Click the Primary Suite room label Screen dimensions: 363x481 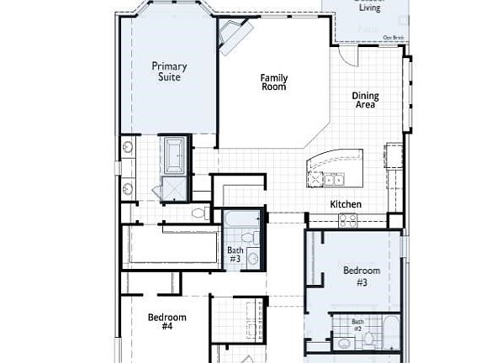click(169, 71)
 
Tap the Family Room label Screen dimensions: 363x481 click(273, 82)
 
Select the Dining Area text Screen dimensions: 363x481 click(365, 101)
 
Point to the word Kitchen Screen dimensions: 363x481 click(346, 204)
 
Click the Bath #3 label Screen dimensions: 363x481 click(235, 255)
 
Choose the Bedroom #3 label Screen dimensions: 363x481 click(362, 276)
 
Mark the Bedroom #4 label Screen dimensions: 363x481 click(166, 322)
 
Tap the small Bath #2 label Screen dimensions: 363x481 click(357, 325)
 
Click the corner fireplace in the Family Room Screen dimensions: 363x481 click(233, 36)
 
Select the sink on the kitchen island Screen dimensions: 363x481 click(334, 179)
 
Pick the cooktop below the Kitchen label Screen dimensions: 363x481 click(347, 219)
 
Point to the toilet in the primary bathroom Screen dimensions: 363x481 click(199, 213)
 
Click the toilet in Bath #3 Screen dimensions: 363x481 click(248, 238)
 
